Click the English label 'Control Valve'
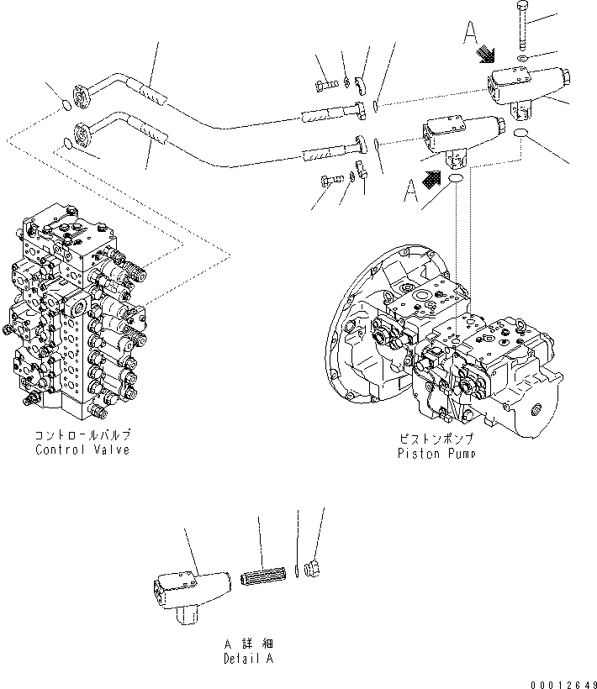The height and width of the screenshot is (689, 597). point(82,450)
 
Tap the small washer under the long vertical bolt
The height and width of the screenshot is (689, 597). point(522,59)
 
